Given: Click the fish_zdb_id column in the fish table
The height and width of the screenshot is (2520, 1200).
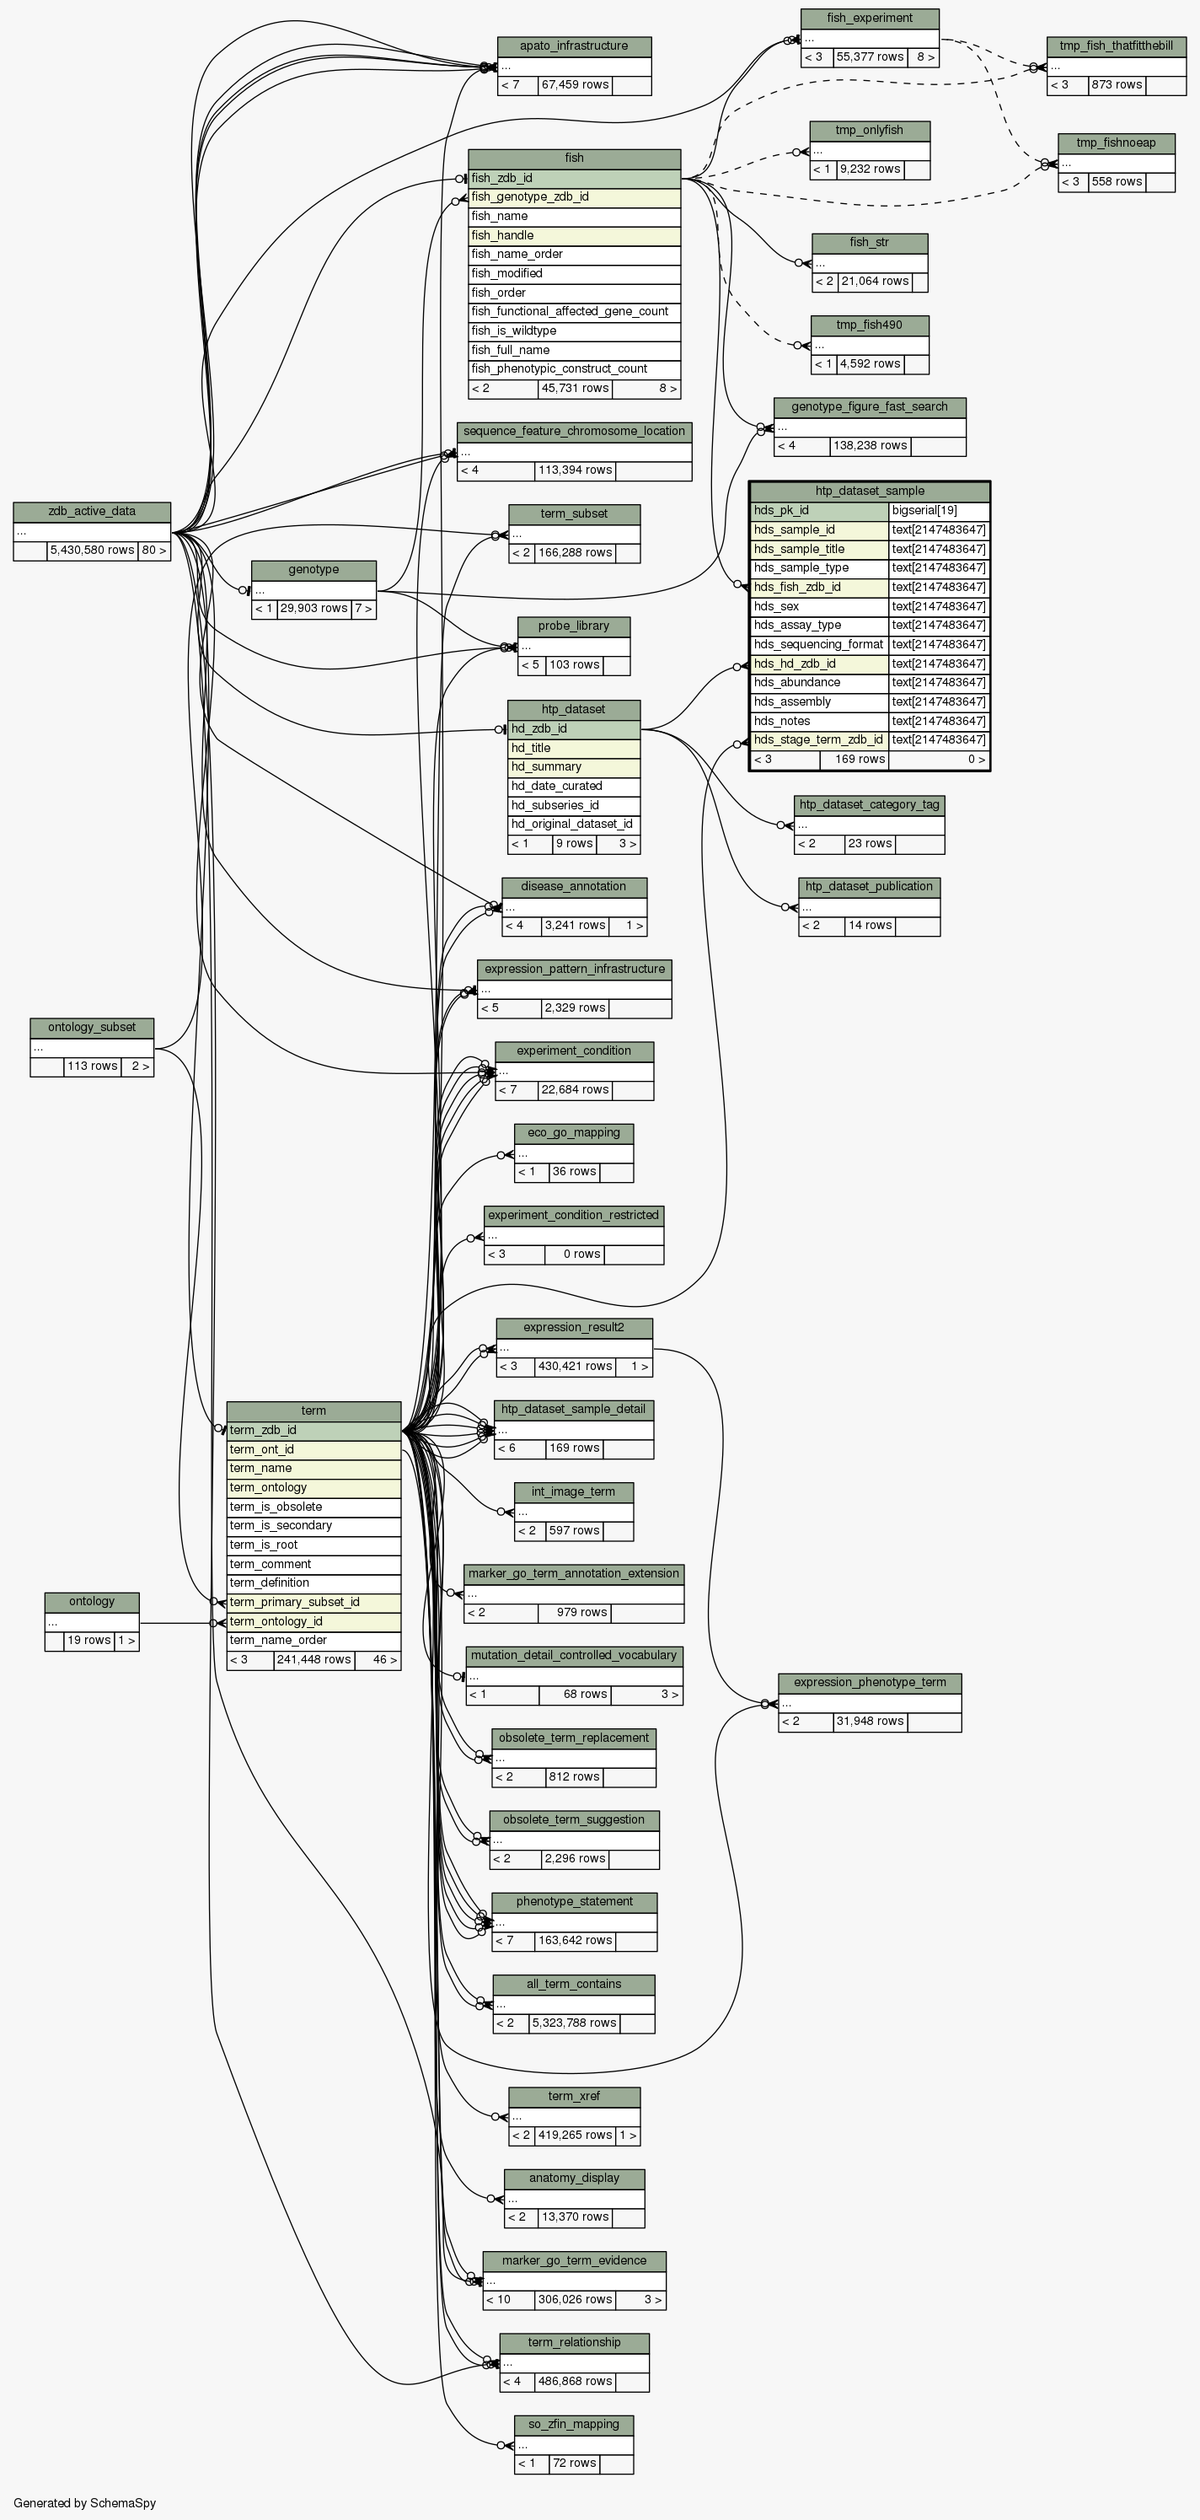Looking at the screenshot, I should pos(573,178).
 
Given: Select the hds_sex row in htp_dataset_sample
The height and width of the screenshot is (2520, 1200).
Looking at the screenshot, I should pos(818,606).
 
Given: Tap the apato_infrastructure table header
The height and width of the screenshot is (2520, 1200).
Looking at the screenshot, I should pos(574,46).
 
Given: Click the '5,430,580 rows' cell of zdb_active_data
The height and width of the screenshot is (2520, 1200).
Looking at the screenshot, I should pos(92,550).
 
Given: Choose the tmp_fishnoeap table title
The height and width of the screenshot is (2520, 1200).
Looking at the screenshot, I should pos(1115,142).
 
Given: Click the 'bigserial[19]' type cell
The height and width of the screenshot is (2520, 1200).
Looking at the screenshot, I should pos(938,511).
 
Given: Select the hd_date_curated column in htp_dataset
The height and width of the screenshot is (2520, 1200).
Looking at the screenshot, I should pos(573,786).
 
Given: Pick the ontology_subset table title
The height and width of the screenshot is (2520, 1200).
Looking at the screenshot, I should pos(92,1027).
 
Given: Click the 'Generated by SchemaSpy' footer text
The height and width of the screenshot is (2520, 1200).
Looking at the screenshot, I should pos(84,2502).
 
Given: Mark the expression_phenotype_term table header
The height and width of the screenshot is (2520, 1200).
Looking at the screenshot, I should pos(870,1683).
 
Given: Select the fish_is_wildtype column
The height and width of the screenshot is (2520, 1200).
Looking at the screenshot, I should pos(573,330).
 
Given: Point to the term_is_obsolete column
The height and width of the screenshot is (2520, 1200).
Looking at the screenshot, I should pos(313,1507).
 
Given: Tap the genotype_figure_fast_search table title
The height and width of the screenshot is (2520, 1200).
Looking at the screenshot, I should pos(870,407).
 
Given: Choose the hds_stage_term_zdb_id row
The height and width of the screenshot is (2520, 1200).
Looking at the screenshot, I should pos(818,739).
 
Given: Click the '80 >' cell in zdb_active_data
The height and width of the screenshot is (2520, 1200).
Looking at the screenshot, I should pos(154,550).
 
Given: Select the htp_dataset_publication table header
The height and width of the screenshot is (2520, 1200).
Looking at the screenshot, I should pos(869,886).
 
